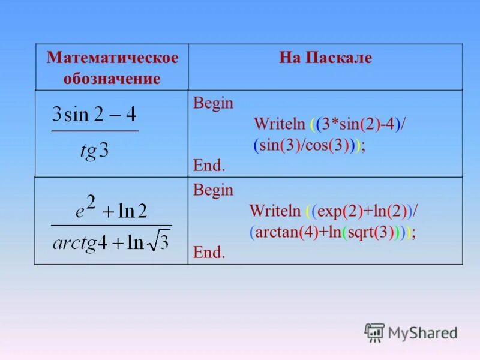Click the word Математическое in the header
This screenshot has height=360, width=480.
pyautogui.click(x=112, y=58)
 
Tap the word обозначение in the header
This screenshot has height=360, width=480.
pyautogui.click(x=112, y=79)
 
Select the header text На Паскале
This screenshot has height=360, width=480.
pyautogui.click(x=325, y=58)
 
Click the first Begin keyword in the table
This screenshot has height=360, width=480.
pyautogui.click(x=213, y=103)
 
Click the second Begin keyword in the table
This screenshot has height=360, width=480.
pyautogui.click(x=213, y=191)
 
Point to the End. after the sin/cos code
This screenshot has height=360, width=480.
pyautogui.click(x=209, y=165)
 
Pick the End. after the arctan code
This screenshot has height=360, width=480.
pyautogui.click(x=209, y=253)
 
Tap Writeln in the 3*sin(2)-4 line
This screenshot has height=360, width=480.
pyautogui.click(x=280, y=124)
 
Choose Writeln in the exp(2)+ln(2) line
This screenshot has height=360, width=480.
pyautogui.click(x=275, y=211)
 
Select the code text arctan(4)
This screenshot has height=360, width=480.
pyautogui.click(x=283, y=233)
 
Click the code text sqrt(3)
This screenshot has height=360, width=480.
pyautogui.click(x=373, y=233)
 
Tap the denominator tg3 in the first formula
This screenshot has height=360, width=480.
pyautogui.click(x=94, y=149)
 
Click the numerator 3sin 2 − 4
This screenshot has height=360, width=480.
pyautogui.click(x=94, y=114)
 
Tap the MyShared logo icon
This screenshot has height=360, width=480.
pyautogui.click(x=374, y=332)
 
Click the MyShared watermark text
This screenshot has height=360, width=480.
pyautogui.click(x=422, y=332)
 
